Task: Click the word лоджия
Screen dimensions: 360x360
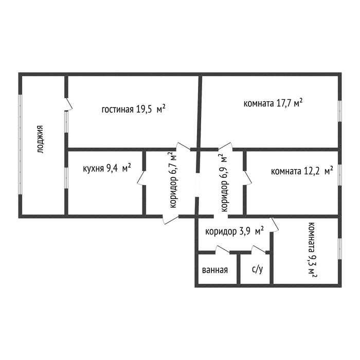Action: pyautogui.click(x=40, y=139)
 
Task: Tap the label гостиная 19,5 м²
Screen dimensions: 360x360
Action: pyautogui.click(x=133, y=109)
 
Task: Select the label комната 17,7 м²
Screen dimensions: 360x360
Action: pyautogui.click(x=273, y=103)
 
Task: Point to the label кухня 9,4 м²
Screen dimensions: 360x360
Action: pyautogui.click(x=107, y=168)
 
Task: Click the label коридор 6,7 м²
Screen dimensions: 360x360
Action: pyautogui.click(x=173, y=180)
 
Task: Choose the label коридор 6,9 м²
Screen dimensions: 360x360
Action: pyautogui.click(x=224, y=183)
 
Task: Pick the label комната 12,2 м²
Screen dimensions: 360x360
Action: pyautogui.click(x=302, y=171)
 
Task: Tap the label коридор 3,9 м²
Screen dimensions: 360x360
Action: pyautogui.click(x=235, y=231)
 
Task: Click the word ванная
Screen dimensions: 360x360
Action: pyautogui.click(x=215, y=270)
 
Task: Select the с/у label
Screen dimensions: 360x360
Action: pyautogui.click(x=257, y=269)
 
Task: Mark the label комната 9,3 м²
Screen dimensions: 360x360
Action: pyautogui.click(x=312, y=250)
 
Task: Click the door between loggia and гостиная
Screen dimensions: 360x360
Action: pyautogui.click(x=68, y=105)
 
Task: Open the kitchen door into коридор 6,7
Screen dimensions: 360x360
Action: pyautogui.click(x=141, y=178)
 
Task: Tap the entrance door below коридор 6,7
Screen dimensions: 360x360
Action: pyautogui.click(x=171, y=219)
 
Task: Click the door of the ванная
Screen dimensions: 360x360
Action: pyautogui.click(x=223, y=249)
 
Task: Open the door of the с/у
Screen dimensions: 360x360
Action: pyautogui.click(x=259, y=249)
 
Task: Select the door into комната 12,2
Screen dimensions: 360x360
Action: pyautogui.click(x=247, y=178)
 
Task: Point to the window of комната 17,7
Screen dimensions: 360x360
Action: pyautogui.click(x=339, y=111)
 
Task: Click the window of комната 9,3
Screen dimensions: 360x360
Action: pyautogui.click(x=339, y=249)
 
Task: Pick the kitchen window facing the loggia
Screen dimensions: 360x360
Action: pyautogui.click(x=66, y=178)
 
